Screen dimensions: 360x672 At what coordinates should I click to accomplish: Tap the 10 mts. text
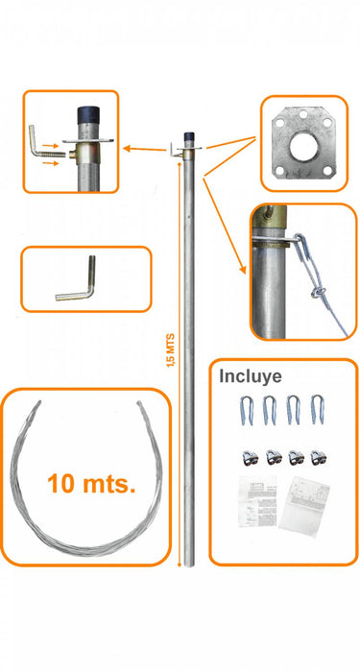(x=91, y=484)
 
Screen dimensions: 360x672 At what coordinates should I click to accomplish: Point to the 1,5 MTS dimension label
(x=171, y=349)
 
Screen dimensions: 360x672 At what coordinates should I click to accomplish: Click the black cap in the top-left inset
(x=88, y=115)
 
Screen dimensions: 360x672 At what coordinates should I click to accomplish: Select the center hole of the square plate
(x=303, y=147)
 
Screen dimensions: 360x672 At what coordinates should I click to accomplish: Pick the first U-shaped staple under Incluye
(x=247, y=410)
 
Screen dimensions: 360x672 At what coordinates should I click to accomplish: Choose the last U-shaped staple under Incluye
(x=317, y=410)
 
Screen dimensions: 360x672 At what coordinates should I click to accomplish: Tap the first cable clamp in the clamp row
(x=250, y=457)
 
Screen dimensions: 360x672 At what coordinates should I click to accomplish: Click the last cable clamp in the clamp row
(x=319, y=457)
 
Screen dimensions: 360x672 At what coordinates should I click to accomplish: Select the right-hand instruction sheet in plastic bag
(x=304, y=505)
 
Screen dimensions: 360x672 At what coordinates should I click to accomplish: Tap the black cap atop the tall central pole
(x=189, y=136)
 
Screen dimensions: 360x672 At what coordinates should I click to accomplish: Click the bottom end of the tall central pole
(x=189, y=564)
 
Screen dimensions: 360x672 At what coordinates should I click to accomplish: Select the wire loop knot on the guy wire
(x=318, y=292)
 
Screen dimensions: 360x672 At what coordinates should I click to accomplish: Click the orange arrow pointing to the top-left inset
(x=144, y=149)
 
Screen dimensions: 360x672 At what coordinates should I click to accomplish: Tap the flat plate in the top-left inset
(x=88, y=140)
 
